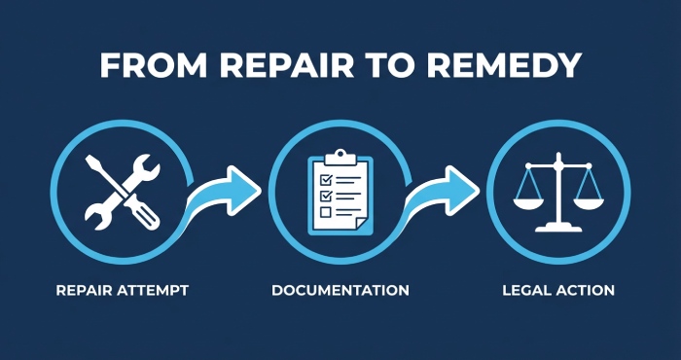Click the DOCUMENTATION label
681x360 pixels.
(x=340, y=290)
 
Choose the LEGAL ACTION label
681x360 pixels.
(x=558, y=290)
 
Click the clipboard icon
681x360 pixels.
(x=340, y=192)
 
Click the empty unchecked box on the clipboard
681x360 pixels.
(x=326, y=211)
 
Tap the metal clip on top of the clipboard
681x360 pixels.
(x=340, y=156)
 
